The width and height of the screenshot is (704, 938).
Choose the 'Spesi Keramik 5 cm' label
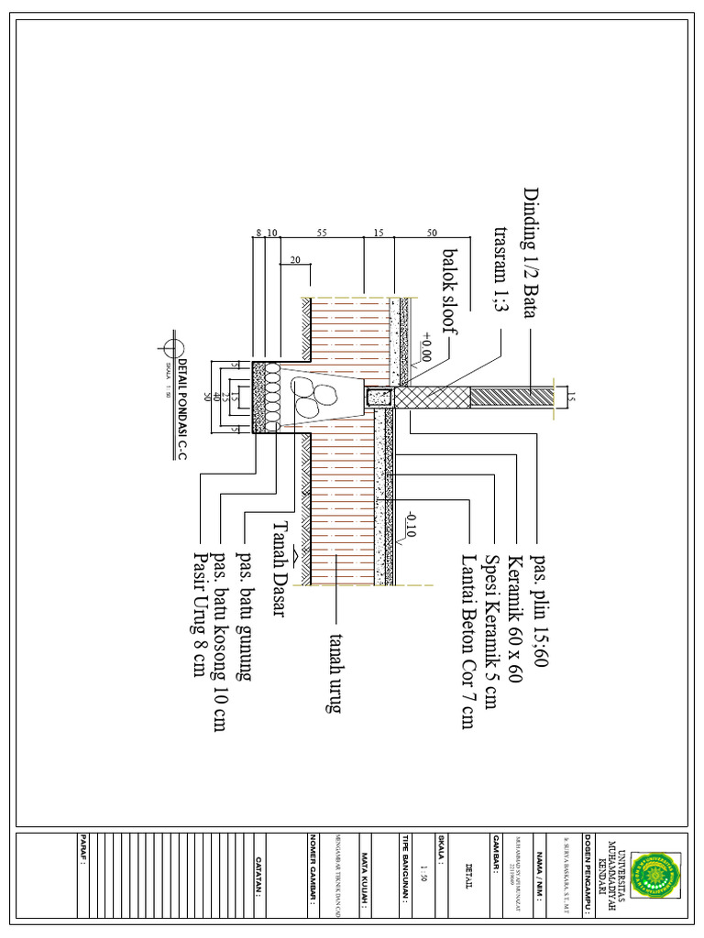[x=492, y=631]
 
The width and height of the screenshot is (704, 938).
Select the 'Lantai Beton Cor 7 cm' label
[x=468, y=641]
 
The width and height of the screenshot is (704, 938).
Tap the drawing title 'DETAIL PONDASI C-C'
[x=181, y=408]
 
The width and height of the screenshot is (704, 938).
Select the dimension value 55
[x=322, y=234]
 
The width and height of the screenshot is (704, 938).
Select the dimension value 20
[x=294, y=260]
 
